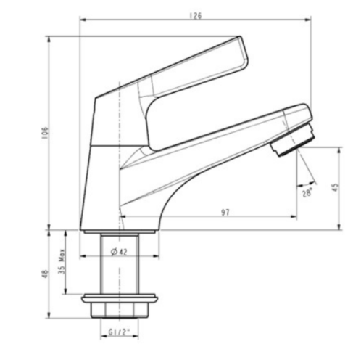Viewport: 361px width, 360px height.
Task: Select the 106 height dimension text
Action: pyautogui.click(x=44, y=132)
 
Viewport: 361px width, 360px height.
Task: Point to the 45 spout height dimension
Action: pyautogui.click(x=334, y=187)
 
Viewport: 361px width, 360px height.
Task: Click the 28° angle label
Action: pyautogui.click(x=307, y=192)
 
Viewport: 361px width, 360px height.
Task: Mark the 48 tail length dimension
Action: pyautogui.click(x=44, y=274)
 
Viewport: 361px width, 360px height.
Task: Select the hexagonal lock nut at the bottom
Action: pyautogui.click(x=119, y=311)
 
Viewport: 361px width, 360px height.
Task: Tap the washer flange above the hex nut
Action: pyautogui.click(x=119, y=298)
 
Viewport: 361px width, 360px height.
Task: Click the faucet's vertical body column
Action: pyautogui.click(x=101, y=167)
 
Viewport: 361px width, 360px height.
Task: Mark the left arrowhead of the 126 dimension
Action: pyautogui.click(x=82, y=21)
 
